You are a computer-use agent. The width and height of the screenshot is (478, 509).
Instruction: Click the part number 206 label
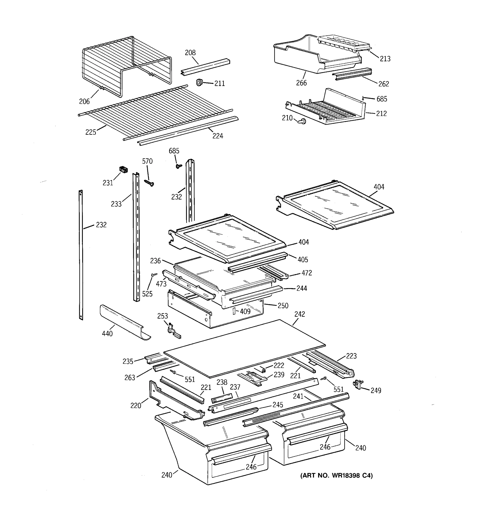click(x=84, y=102)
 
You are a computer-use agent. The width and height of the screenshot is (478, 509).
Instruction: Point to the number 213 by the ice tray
click(x=385, y=59)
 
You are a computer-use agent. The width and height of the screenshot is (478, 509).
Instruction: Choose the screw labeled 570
click(x=149, y=183)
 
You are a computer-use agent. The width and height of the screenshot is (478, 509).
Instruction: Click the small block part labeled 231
click(x=124, y=169)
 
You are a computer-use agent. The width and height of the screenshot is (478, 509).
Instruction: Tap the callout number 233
click(x=116, y=204)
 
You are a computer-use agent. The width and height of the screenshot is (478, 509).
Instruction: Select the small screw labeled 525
click(x=154, y=275)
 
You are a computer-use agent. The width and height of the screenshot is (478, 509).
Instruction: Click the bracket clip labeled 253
click(x=174, y=331)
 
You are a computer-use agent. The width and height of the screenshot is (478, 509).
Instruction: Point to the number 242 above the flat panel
click(x=300, y=314)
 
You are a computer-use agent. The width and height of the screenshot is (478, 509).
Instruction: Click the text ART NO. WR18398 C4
click(x=336, y=475)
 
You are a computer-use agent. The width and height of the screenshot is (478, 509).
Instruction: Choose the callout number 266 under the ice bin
click(x=301, y=83)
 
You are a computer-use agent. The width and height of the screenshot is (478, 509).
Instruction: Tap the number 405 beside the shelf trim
click(x=303, y=260)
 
